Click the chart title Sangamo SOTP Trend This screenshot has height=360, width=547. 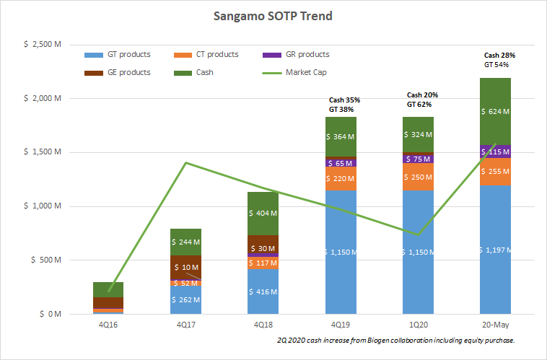[273, 15]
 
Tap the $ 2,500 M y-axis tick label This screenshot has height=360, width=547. [42, 44]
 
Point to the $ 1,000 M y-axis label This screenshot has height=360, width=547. [42, 206]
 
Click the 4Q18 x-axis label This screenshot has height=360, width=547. [263, 325]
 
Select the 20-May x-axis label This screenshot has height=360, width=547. [495, 325]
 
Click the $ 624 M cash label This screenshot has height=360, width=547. [495, 112]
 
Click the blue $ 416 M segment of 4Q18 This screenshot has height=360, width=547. [263, 292]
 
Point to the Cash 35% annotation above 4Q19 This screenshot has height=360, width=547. [344, 100]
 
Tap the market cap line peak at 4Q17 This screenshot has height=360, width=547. [186, 162]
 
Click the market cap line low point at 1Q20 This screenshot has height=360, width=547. [418, 234]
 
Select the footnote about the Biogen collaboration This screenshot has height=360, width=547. [395, 340]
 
